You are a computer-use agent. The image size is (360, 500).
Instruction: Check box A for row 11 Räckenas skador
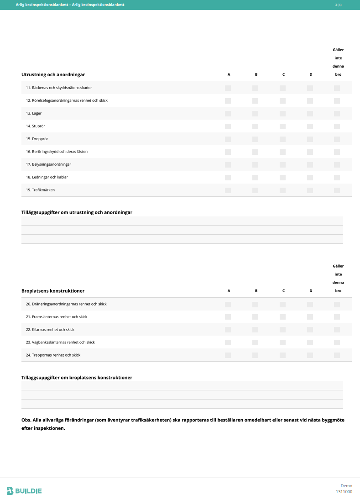coord(228,88)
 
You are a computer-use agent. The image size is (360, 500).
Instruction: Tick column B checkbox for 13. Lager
coord(256,113)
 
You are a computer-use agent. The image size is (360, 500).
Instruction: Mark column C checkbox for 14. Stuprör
coord(283,126)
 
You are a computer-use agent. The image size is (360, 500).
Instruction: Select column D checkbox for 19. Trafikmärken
coord(310,190)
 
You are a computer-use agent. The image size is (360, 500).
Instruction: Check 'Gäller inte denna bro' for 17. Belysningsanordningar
coord(337,164)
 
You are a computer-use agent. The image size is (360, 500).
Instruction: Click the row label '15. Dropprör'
coord(36,139)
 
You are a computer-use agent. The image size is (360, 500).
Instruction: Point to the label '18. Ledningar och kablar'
coord(47,177)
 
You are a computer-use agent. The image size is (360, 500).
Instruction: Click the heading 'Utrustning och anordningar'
coord(53,74)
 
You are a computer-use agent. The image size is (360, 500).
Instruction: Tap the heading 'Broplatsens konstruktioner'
coord(53,291)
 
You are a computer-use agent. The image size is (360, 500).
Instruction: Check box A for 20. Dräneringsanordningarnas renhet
coord(228,304)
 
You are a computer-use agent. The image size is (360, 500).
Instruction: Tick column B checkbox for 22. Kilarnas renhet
coord(256,330)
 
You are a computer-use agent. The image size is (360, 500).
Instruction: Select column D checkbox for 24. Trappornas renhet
coord(310,355)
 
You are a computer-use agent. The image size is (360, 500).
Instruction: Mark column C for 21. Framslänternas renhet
coord(283,317)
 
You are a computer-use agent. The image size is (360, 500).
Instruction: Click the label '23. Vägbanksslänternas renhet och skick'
coord(60,342)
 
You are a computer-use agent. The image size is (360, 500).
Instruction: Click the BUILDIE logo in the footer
coord(25,491)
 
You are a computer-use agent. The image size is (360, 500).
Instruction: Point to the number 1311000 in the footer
coord(344,492)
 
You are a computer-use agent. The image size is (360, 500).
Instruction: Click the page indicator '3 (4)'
coord(338,5)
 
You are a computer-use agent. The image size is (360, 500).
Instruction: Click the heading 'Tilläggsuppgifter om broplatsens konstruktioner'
coord(77,378)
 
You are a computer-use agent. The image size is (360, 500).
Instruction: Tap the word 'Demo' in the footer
coord(346,485)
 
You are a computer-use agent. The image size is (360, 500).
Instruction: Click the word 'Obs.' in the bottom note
coord(26,420)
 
